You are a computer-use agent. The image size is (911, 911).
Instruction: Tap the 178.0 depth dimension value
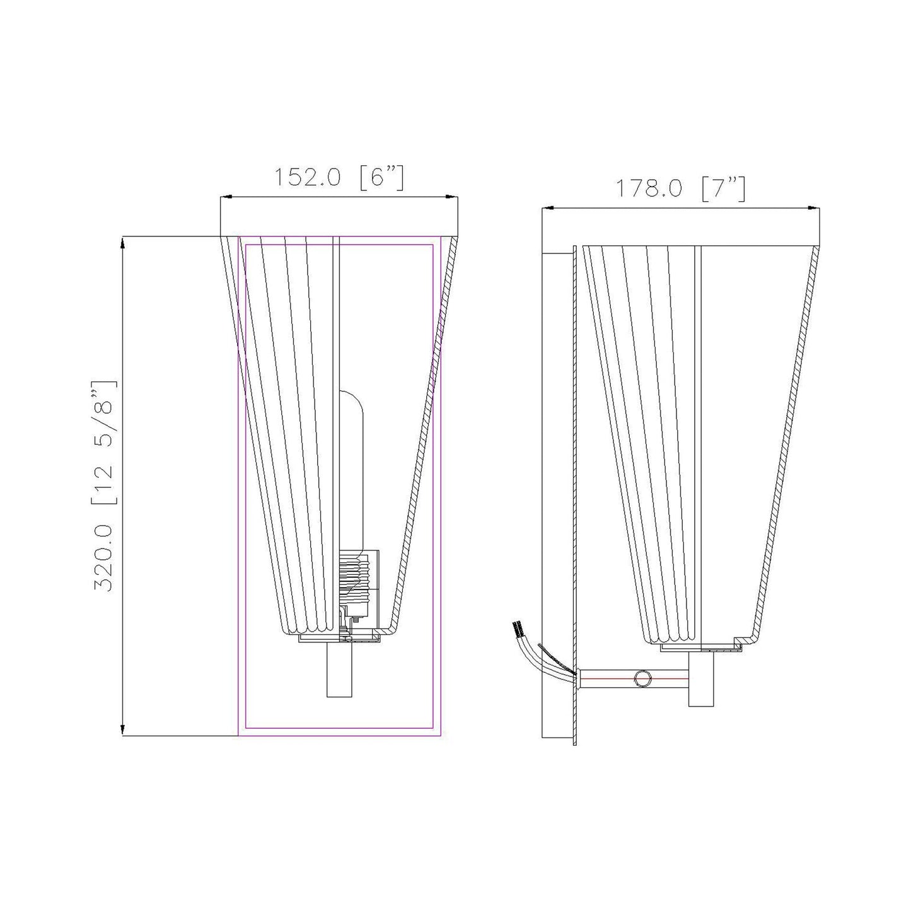[x=649, y=187]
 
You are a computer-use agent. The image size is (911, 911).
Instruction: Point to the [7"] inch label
[x=724, y=187]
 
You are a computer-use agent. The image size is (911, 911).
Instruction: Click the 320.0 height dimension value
[x=104, y=557]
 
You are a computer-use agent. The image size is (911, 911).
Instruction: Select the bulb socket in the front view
[x=358, y=580]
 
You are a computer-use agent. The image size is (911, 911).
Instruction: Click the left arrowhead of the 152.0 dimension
[x=225, y=198]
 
